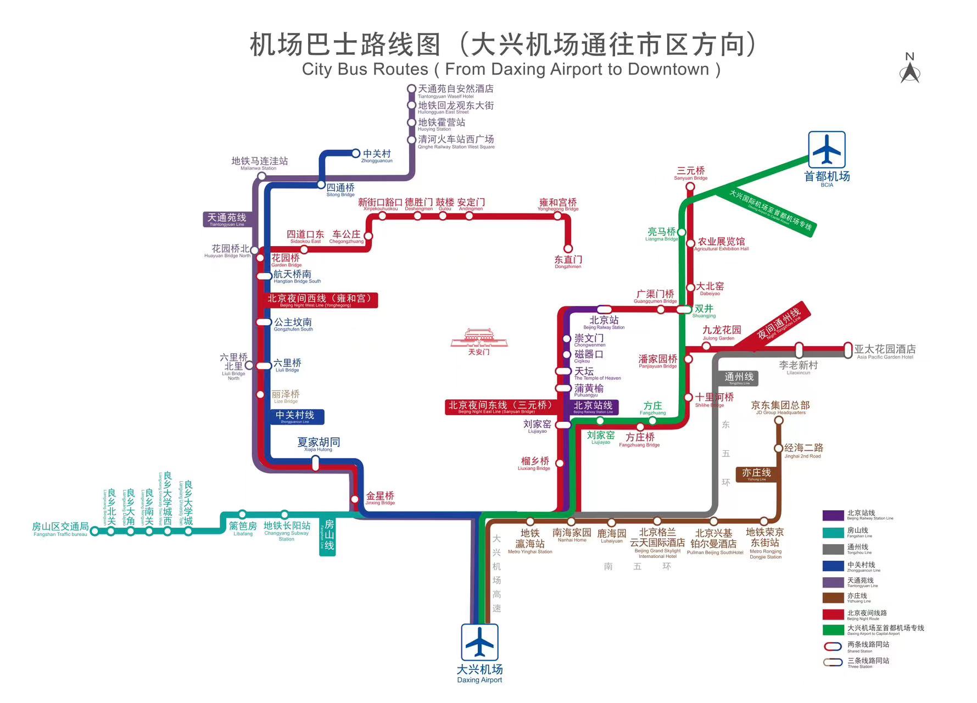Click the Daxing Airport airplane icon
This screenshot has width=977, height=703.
point(479,641)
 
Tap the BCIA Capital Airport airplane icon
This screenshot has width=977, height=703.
point(826,149)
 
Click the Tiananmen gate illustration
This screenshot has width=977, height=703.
point(479,338)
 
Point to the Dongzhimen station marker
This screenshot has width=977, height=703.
point(568,249)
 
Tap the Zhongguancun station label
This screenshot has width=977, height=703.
point(377,155)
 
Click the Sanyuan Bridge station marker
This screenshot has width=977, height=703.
point(690,187)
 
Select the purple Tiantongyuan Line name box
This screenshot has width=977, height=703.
point(227,219)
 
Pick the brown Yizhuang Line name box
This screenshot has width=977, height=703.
point(756,474)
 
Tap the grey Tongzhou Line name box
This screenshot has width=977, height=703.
point(739,378)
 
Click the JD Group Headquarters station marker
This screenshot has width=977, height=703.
point(779,421)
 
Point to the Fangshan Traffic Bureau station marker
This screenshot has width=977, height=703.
point(94,531)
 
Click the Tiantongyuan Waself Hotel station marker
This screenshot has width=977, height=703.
point(411,89)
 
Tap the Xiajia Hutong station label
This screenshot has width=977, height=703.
point(319,444)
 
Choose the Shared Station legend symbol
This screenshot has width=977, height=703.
point(833,646)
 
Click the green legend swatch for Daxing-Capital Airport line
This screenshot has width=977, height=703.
point(833,630)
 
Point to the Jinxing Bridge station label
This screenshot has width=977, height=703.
point(380,498)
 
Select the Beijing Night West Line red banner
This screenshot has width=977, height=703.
point(320,300)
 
